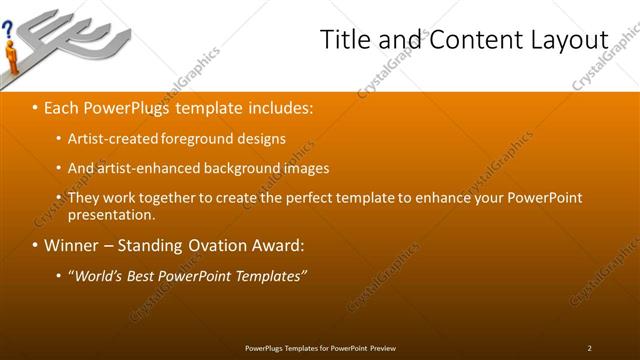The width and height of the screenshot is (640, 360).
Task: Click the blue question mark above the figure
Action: pyautogui.click(x=9, y=31)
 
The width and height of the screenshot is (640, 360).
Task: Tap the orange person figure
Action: pyautogui.click(x=12, y=58)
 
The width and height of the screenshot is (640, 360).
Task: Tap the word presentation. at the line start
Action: pyautogui.click(x=111, y=214)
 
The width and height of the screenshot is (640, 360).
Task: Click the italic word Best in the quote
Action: pyautogui.click(x=146, y=276)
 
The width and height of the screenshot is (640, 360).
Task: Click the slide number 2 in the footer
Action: pyautogui.click(x=589, y=347)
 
